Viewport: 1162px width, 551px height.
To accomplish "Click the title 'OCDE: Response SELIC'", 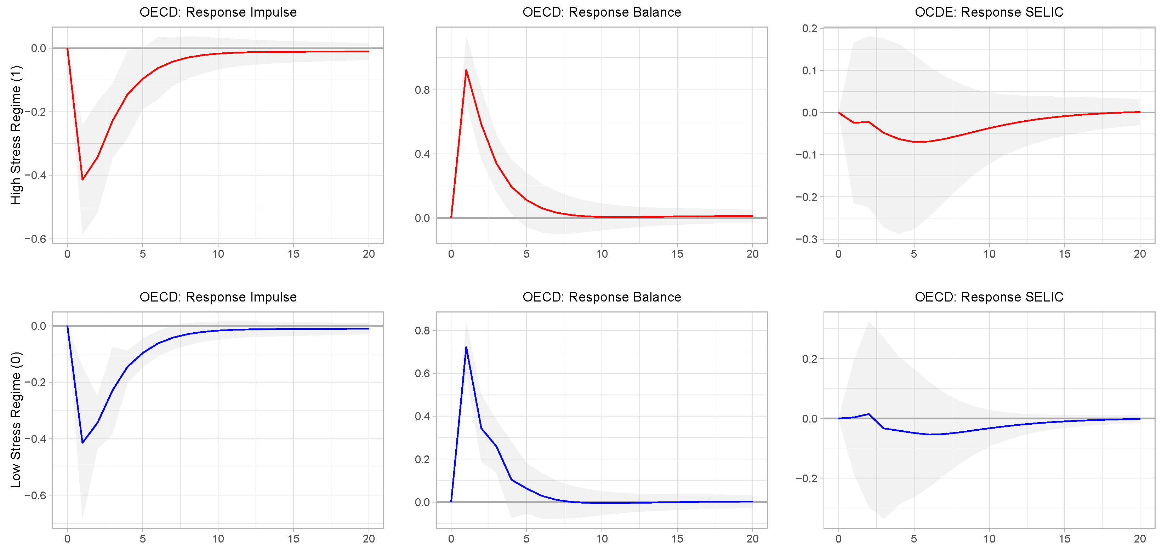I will coord(989,12).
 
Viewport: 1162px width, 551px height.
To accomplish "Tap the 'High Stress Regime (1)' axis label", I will coord(16,135).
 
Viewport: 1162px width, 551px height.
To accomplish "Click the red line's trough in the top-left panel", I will coord(82,179).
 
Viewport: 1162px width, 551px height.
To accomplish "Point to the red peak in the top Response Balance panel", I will coord(466,70).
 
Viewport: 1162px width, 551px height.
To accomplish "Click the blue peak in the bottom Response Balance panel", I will coord(466,348).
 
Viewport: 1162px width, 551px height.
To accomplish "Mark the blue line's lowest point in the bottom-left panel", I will coord(82,442).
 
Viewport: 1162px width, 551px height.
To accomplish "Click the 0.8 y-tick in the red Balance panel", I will coord(422,90).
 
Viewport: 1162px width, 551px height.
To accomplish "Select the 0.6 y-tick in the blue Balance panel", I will coord(422,373).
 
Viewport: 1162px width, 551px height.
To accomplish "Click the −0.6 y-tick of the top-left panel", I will coord(35,239).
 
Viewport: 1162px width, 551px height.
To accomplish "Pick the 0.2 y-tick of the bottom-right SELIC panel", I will coord(809,359).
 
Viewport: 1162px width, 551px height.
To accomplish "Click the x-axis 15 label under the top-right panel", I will coord(1065,254).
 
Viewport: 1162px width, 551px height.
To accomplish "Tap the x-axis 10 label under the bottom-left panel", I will coord(218,538).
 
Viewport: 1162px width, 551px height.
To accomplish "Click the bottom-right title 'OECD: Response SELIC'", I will coord(989,297).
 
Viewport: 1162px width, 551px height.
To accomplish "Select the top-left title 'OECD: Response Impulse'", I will coord(218,12).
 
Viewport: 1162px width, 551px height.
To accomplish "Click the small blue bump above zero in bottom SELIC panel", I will coord(868,414).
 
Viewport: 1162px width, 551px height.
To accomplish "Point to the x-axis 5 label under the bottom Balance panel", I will coord(526,538).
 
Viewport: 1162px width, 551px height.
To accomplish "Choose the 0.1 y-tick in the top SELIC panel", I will coord(809,70).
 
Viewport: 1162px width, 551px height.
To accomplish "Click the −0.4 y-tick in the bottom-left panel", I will coord(35,439).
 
